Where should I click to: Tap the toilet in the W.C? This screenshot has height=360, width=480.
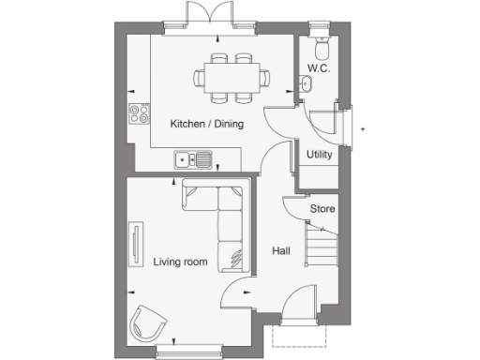pyautogui.click(x=320, y=48)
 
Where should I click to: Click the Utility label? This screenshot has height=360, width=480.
pyautogui.click(x=319, y=155)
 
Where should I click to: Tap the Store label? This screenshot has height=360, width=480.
pyautogui.click(x=322, y=209)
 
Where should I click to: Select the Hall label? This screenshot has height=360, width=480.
pyautogui.click(x=280, y=251)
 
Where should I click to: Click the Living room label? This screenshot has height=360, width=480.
pyautogui.click(x=179, y=262)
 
